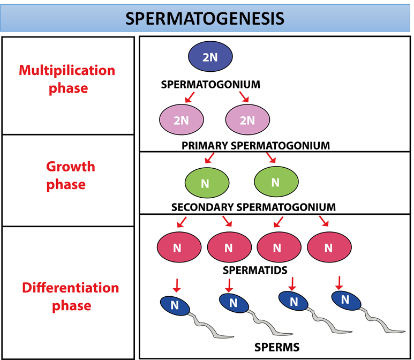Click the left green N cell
point(205,183)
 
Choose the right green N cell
point(275,182)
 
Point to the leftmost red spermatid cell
point(179,247)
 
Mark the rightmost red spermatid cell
point(329,247)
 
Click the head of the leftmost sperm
point(175,305)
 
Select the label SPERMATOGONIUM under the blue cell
point(210,85)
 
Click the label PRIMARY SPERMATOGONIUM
point(255,146)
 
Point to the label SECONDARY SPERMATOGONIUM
point(253,207)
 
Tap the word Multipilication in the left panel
point(67,70)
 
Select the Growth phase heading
point(70,175)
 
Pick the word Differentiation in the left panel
point(70,288)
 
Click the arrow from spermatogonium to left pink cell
point(187,97)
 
